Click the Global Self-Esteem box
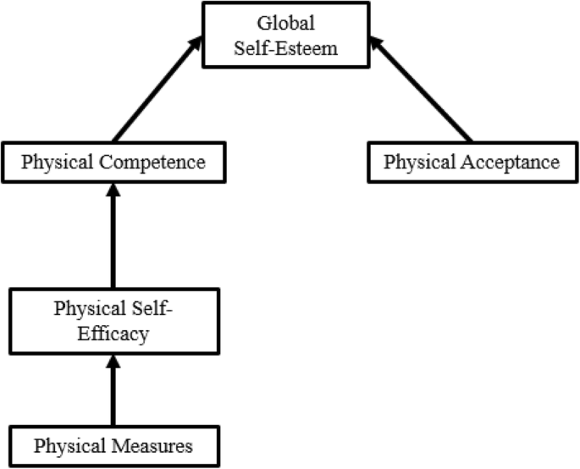pos(287,36)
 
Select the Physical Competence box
pos(113,161)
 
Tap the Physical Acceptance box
pos(472,161)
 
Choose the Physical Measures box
pos(113,444)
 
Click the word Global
pos(287,24)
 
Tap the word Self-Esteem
pos(287,47)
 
